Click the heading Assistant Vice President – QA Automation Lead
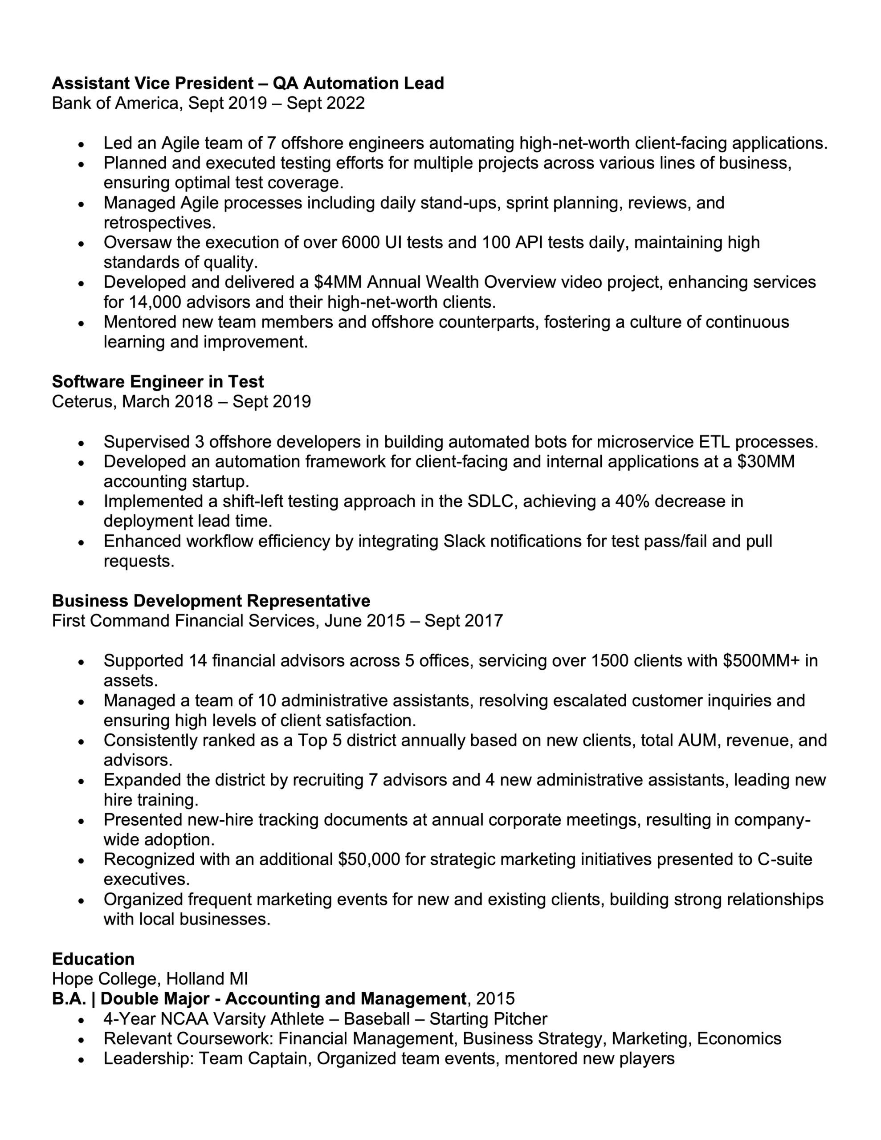248,83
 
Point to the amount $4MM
337,282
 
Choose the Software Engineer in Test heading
158,382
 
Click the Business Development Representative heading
211,601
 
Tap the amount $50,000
369,859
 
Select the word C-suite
785,859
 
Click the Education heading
93,959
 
